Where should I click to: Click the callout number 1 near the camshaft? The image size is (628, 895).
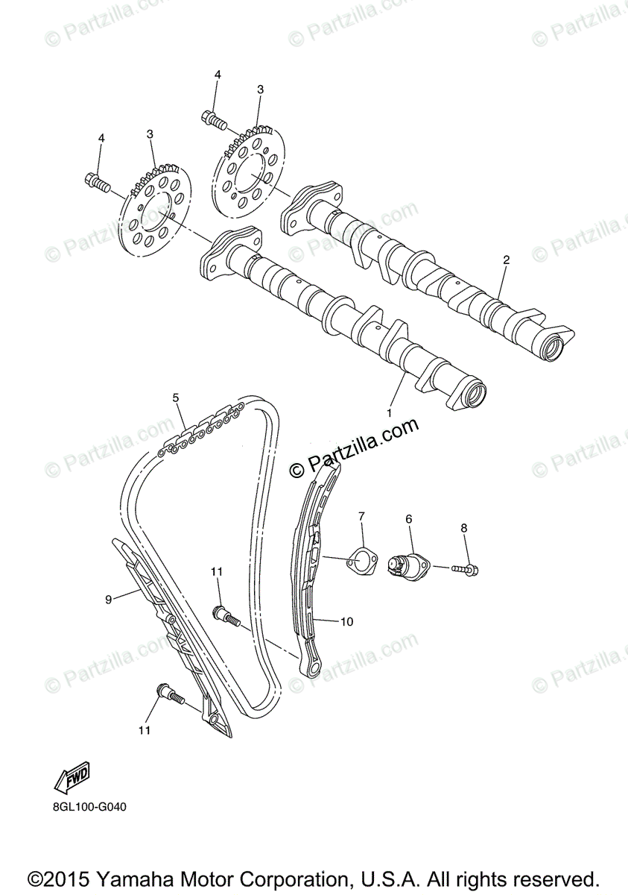point(388,412)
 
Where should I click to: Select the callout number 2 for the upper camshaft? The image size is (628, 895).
point(506,260)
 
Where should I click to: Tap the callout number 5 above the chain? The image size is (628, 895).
point(177,398)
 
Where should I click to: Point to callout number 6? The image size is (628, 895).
point(408,518)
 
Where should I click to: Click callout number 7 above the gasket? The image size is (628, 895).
point(361,515)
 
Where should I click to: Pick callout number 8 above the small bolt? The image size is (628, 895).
point(463,528)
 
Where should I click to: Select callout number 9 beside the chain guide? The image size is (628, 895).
point(108,599)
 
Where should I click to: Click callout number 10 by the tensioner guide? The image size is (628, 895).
point(346,621)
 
